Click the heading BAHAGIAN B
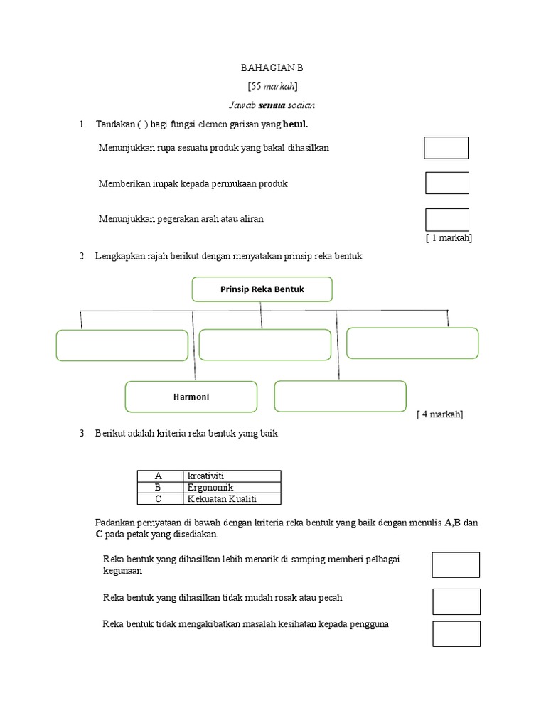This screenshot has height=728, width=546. [272, 68]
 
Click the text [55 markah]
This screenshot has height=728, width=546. [272, 86]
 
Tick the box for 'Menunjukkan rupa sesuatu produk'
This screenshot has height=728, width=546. [446, 148]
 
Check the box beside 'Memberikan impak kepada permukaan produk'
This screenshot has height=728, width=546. [446, 183]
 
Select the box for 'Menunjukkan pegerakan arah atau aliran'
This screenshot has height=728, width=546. [446, 220]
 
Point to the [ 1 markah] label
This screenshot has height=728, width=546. [449, 238]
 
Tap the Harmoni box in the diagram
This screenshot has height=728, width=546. [191, 397]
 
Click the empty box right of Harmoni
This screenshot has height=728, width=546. [340, 396]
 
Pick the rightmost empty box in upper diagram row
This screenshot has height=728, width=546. [412, 343]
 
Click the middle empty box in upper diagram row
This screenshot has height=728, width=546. [264, 345]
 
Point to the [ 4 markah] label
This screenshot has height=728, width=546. [440, 414]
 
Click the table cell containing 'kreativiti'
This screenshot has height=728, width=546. [232, 476]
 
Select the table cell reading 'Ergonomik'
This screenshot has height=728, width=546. [232, 487]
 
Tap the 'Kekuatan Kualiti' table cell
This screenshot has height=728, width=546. [232, 498]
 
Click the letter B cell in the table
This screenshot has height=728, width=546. [159, 487]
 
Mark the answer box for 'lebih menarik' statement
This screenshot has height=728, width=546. [456, 564]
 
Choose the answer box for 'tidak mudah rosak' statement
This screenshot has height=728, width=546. [456, 601]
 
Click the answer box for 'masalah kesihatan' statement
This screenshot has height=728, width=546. [456, 633]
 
